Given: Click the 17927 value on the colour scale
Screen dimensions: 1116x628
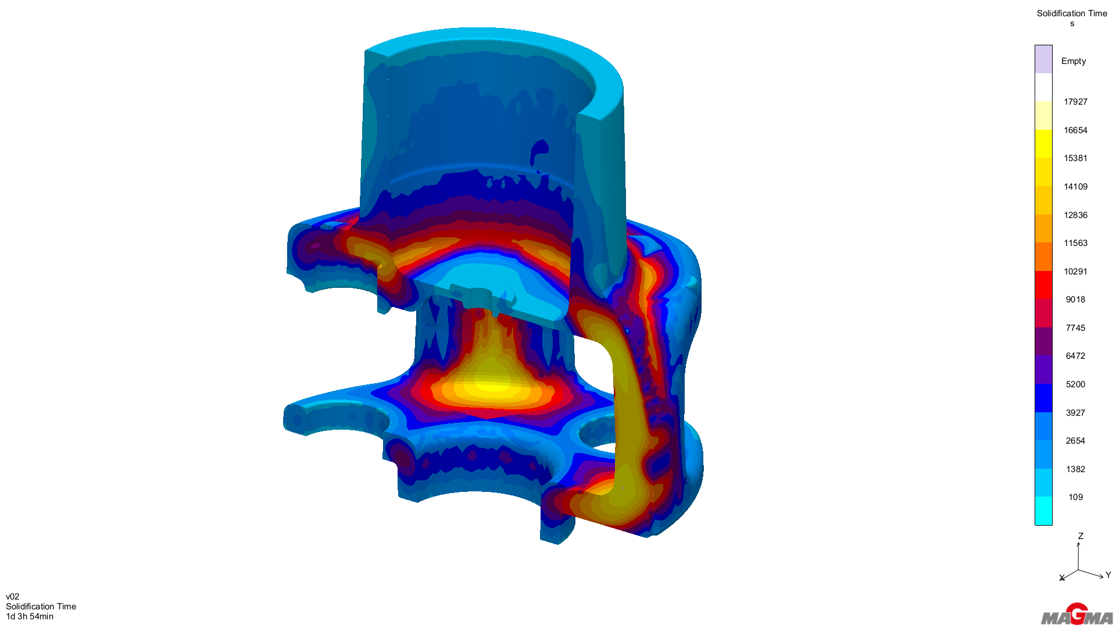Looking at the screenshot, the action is tap(1075, 102).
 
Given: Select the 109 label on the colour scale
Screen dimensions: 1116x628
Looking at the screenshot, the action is tap(1075, 497).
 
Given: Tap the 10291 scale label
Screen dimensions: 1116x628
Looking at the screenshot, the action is tap(1075, 272).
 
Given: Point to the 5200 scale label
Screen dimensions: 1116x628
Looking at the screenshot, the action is tap(1075, 384).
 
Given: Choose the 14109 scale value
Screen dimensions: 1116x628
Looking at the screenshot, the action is tap(1075, 187).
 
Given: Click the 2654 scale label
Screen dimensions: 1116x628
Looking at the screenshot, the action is tap(1075, 441).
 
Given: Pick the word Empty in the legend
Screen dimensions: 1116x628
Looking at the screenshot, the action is tap(1074, 61).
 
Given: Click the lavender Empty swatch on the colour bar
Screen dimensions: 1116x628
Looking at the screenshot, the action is tap(1043, 59).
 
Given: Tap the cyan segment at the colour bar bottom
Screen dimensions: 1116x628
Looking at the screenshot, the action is tap(1043, 511).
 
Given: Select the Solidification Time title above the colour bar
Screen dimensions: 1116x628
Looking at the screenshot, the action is tap(1072, 13).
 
